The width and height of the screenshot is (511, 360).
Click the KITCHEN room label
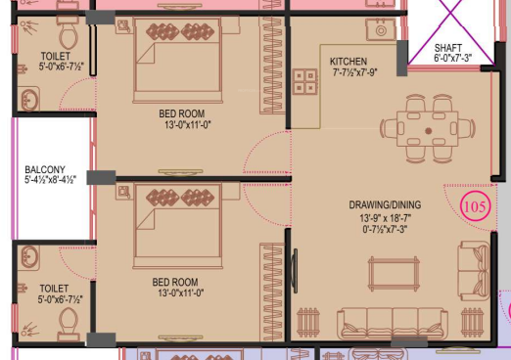coord(348,62)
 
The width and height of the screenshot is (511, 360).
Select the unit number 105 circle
coord(475,206)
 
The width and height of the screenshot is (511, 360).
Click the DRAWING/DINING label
coord(386,204)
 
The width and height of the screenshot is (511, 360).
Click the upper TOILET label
coord(56,57)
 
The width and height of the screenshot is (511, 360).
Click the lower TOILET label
coord(55,289)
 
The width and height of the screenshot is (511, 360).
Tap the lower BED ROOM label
coord(176,282)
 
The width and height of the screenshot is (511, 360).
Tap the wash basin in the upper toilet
coord(28,99)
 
